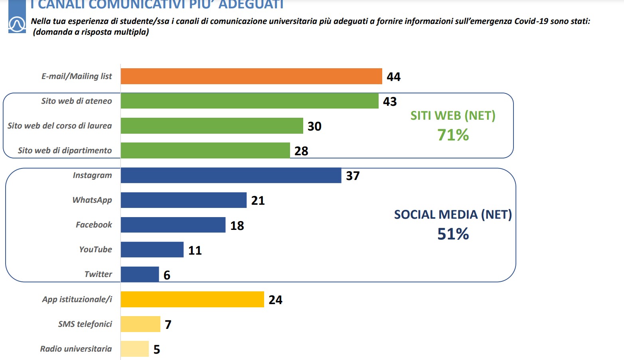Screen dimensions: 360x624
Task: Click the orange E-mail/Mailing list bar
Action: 251,76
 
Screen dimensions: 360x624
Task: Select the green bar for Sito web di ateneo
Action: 249,101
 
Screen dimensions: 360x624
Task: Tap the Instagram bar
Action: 231,176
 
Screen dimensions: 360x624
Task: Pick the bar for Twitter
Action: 140,274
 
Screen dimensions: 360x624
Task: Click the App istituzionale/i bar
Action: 192,299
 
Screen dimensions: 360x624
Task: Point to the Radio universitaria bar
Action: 134,349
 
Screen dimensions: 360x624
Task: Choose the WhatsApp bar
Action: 184,200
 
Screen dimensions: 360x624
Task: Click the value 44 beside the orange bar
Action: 393,77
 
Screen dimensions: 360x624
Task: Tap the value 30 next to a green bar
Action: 314,126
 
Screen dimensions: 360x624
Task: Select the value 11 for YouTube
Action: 195,250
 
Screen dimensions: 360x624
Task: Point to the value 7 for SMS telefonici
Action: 168,324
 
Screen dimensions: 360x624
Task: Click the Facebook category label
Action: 94,225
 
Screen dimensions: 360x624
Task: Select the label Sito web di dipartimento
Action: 65,150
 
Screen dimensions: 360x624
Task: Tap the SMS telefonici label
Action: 85,324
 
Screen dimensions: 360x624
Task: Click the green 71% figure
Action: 453,135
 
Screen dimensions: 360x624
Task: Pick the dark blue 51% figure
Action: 453,234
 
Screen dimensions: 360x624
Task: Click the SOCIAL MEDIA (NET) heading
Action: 453,215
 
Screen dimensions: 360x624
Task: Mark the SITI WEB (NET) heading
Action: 453,116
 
